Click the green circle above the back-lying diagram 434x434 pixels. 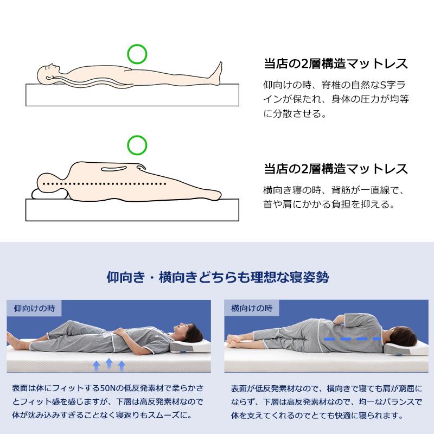click(x=137, y=53)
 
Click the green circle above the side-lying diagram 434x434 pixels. click(x=137, y=145)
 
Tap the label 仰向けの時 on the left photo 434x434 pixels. click(x=34, y=308)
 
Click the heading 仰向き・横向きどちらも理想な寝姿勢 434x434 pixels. click(x=216, y=278)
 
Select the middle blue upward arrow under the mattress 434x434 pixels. click(x=109, y=363)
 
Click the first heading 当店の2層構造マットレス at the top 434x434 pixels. click(x=336, y=63)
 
